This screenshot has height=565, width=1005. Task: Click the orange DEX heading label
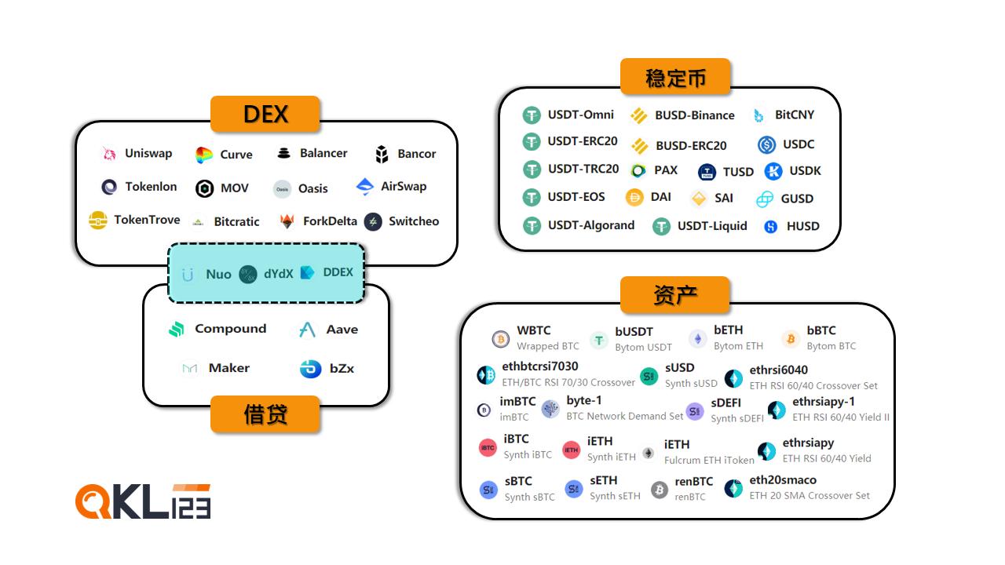[265, 115]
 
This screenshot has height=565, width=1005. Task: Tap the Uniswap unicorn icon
[109, 154]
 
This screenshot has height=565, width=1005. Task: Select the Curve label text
[236, 155]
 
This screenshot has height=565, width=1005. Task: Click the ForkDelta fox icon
[287, 221]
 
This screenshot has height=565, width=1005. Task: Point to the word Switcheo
[414, 221]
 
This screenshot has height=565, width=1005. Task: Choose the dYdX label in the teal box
[278, 274]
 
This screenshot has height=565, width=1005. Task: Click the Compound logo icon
[177, 330]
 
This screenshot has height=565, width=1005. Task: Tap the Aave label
[342, 330]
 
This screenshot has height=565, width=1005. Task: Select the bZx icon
[310, 369]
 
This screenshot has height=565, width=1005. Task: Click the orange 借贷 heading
[265, 414]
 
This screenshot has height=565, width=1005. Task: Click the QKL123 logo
[143, 501]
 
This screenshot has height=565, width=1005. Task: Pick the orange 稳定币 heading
[675, 78]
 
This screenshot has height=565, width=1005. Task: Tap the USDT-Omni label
[580, 115]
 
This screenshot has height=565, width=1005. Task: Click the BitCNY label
[794, 115]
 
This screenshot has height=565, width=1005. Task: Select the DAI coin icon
[634, 198]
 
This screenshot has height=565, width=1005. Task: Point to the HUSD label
[802, 226]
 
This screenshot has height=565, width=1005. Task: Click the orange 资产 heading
[675, 295]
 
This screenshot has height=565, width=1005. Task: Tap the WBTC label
[533, 330]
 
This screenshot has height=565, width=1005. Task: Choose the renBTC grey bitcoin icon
[660, 490]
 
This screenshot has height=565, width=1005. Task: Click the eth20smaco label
[782, 480]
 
